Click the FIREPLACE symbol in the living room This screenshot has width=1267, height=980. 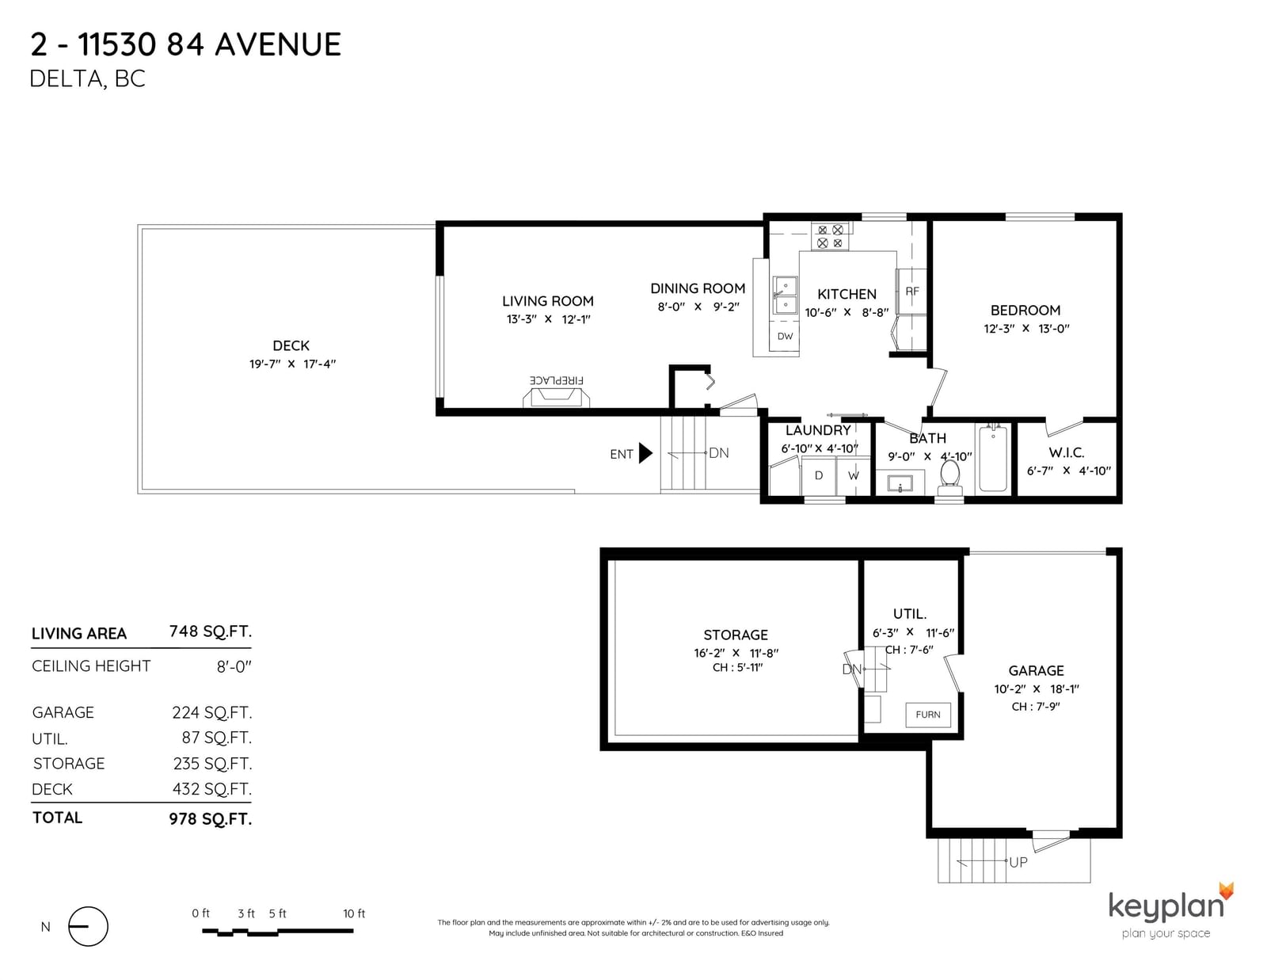556,397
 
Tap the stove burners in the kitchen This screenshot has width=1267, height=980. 830,236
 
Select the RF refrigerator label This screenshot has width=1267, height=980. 912,291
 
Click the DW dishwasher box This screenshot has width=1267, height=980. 785,337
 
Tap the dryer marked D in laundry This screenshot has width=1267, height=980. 819,475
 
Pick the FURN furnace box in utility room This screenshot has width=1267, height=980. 927,715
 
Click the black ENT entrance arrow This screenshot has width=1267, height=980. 645,453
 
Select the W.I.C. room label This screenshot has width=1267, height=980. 1067,452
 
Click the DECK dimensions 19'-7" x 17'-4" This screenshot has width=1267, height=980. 292,364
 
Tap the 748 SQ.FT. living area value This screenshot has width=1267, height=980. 211,631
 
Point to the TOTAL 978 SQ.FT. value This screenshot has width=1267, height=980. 211,819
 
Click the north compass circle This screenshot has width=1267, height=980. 88,926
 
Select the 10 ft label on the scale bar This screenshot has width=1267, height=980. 354,913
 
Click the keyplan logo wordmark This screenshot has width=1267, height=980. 1166,906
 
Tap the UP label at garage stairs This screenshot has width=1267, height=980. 1018,862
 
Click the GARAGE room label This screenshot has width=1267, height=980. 1036,671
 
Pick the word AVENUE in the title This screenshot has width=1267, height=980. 277,45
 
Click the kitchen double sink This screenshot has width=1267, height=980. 785,296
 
